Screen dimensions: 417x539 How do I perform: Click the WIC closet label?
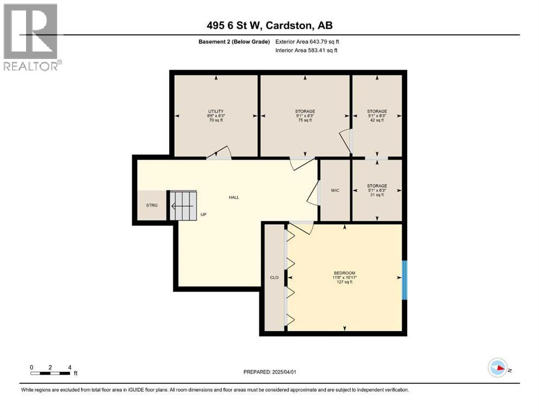[335, 190]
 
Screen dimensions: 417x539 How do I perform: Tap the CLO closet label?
[274, 277]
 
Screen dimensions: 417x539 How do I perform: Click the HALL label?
[234, 198]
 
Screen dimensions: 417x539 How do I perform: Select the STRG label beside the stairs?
[151, 206]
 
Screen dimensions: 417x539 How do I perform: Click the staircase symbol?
[182, 206]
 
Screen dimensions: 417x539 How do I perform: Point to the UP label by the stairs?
[204, 214]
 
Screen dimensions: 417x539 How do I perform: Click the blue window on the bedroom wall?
[404, 280]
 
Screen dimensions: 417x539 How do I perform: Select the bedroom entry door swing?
[301, 228]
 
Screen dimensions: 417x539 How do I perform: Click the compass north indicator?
[497, 368]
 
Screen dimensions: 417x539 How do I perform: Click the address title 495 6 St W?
[269, 26]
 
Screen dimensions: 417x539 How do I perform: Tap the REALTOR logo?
[31, 37]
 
